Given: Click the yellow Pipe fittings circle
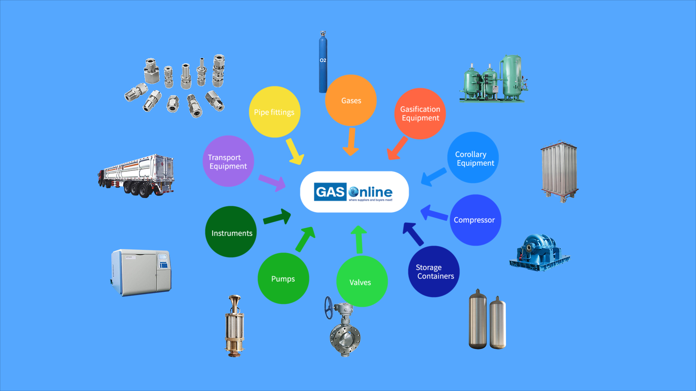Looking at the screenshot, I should point(274,112).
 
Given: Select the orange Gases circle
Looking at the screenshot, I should point(351,100).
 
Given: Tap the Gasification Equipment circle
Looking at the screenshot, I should point(420,114).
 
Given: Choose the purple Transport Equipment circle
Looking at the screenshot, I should point(228,161).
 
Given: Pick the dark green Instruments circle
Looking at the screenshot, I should point(231,232).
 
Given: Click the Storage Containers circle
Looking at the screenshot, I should point(434,272).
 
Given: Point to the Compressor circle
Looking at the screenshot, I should point(475,220).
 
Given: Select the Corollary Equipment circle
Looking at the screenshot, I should point(473,157).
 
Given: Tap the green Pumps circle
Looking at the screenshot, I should point(283,278).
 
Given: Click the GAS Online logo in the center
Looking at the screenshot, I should point(354,192).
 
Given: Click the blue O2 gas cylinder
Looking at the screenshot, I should point(323,63).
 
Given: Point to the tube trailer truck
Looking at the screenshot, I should point(136,176).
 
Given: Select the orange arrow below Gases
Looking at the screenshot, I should point(351,142).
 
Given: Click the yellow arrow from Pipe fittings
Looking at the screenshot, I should point(295,152).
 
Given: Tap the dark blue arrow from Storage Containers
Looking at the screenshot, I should point(413,234).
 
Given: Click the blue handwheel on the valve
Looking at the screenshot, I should point(328,308).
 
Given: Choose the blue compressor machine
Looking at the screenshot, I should point(539,253).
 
